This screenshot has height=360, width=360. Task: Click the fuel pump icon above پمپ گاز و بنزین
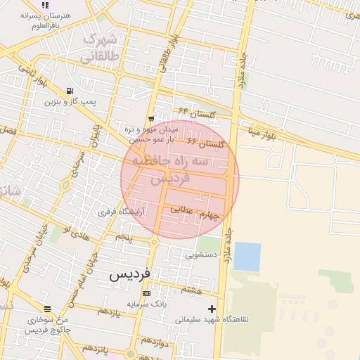coord(70,90)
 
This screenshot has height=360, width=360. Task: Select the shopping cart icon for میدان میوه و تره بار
coord(151,119)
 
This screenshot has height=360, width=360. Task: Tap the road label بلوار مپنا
coord(264,131)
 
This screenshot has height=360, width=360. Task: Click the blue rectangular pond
coord(247,256)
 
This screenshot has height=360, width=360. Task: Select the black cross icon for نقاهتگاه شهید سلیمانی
coord(212,309)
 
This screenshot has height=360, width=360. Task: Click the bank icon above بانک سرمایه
coord(146,293)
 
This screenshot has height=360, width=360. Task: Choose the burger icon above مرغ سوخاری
coord(47,309)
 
